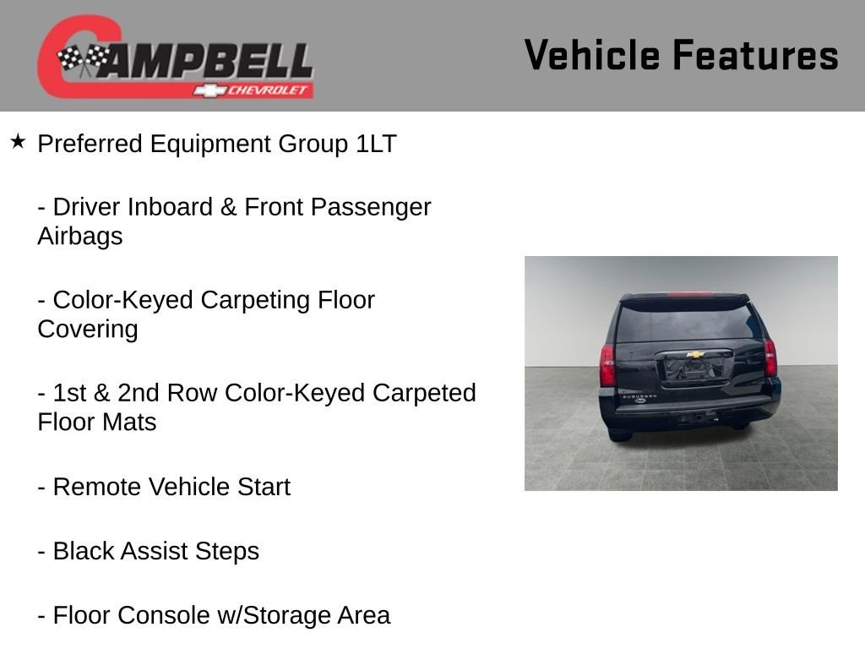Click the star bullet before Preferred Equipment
pos(18,142)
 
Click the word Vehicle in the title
pos(592,55)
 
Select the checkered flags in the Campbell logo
pos(83,58)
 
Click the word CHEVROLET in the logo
pos(267,90)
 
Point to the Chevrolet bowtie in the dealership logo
pos(209,90)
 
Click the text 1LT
pos(376,144)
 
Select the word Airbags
pos(80,237)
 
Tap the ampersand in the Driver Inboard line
pos(228,208)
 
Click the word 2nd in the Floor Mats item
pos(139,394)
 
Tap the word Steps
pos(226,552)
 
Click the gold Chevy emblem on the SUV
pos(695,354)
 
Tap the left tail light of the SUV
pos(607,365)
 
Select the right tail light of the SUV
pos(770,357)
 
